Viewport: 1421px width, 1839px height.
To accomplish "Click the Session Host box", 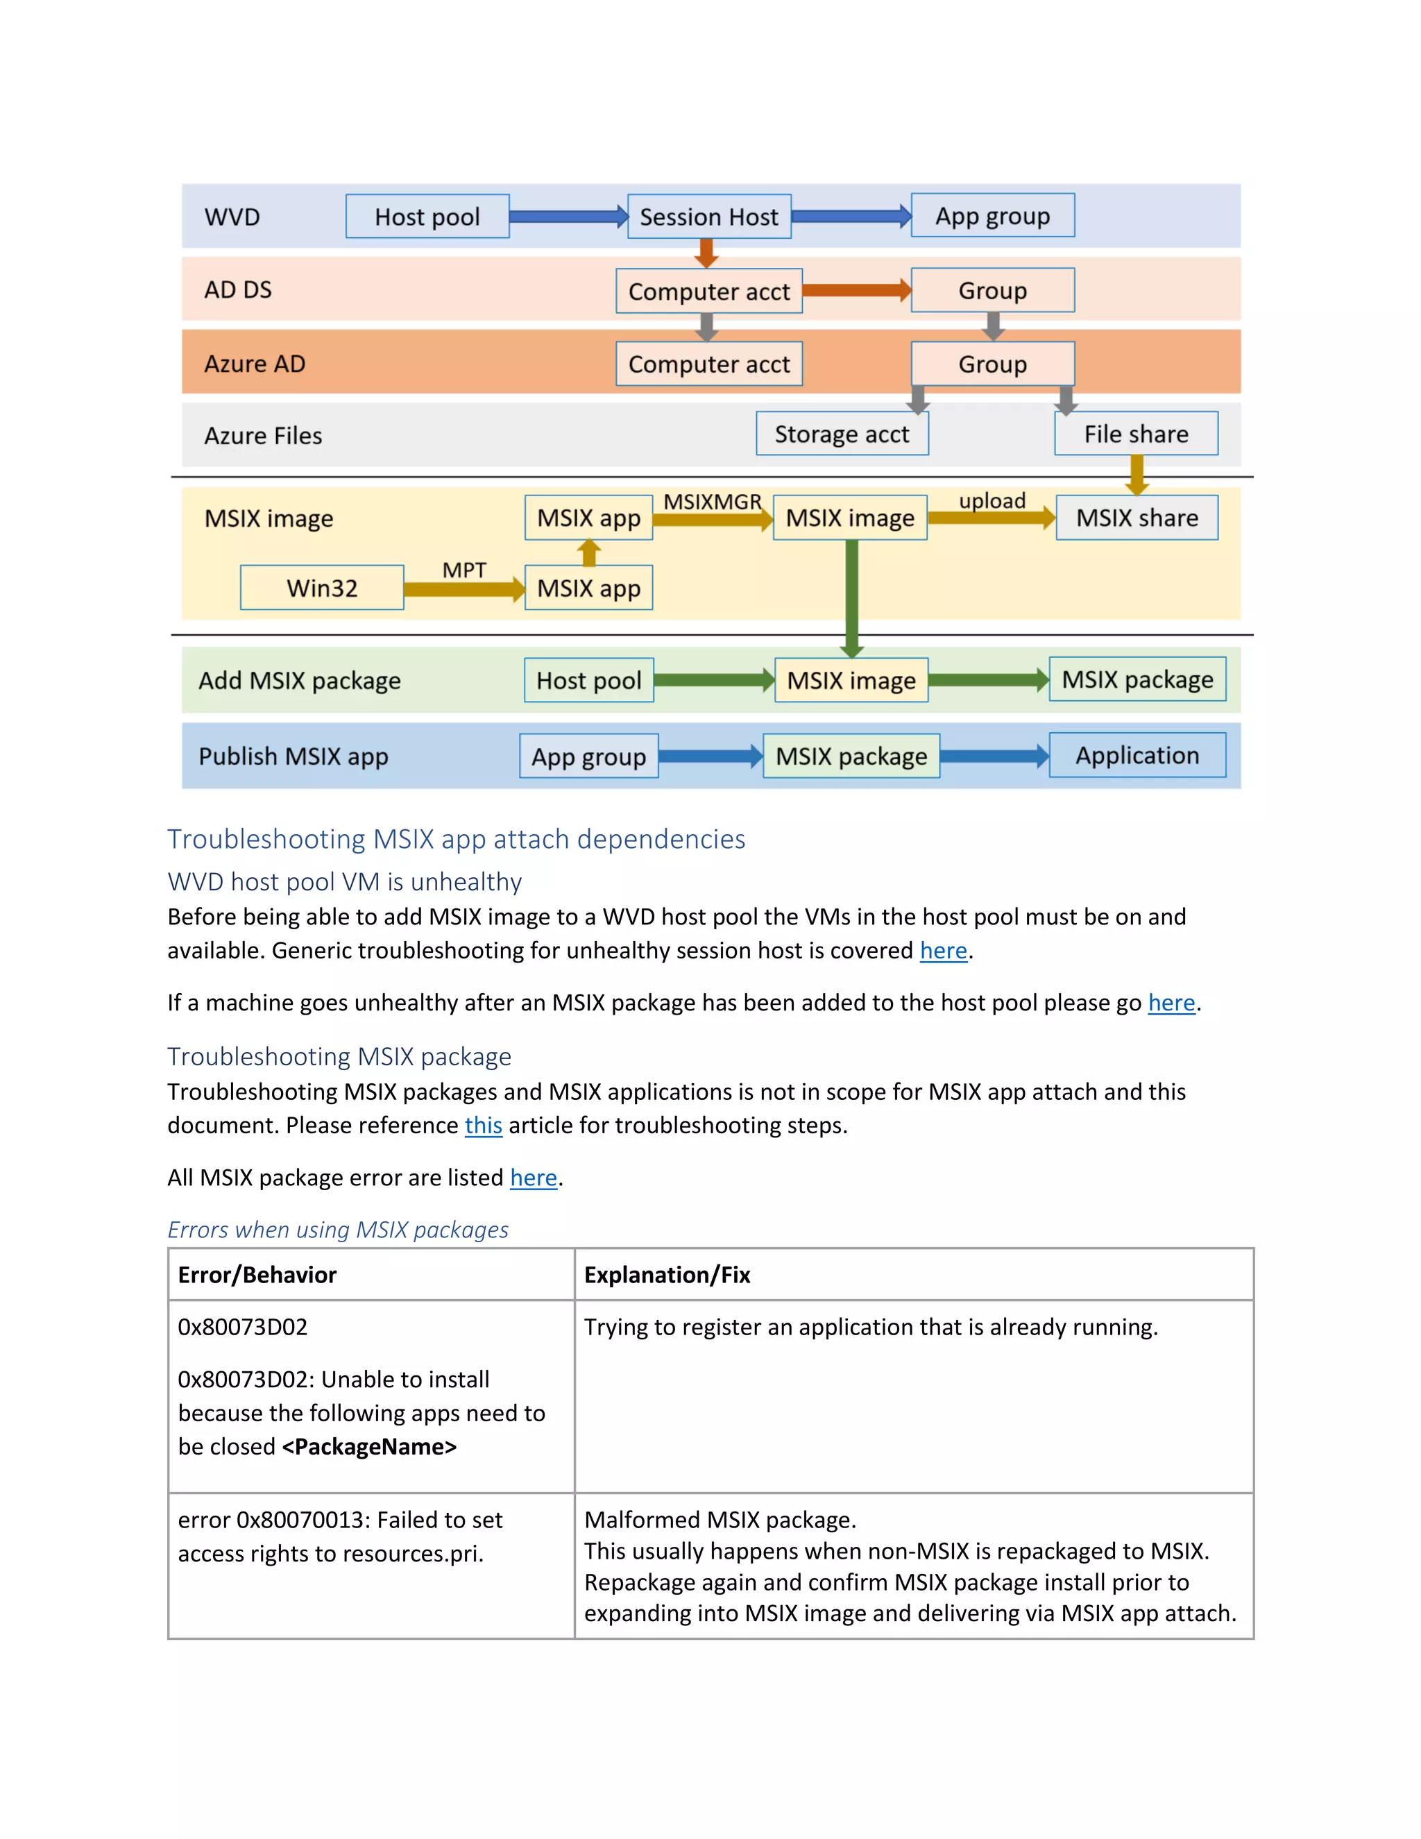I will click(x=709, y=217).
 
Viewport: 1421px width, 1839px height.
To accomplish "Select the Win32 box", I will click(x=321, y=588).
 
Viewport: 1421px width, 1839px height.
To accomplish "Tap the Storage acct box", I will click(x=842, y=434).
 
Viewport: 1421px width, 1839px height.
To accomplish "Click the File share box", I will click(x=1136, y=434).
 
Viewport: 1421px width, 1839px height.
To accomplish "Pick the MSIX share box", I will click(x=1137, y=517).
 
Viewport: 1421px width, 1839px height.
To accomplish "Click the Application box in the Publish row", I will click(x=1137, y=755).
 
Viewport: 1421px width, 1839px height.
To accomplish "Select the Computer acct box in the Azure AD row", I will click(x=709, y=364).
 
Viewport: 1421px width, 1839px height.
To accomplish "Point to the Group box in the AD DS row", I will click(x=992, y=291).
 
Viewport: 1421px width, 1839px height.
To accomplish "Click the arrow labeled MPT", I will click(x=464, y=588).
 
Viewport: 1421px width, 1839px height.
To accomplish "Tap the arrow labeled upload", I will click(x=991, y=517).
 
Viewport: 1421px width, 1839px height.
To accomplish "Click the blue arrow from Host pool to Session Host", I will click(x=568, y=217).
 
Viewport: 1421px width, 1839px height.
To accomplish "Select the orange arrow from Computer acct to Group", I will click(x=856, y=291).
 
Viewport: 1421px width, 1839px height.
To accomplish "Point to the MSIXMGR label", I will click(x=712, y=502).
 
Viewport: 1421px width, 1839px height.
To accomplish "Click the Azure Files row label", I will click(x=263, y=435).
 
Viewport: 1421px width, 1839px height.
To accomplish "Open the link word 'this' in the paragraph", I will click(x=483, y=1125).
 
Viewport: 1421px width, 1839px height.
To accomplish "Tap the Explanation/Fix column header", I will click(x=667, y=1275).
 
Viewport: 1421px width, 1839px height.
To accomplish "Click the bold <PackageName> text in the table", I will click(x=370, y=1447).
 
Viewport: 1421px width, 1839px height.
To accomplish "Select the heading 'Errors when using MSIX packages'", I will click(x=338, y=1230).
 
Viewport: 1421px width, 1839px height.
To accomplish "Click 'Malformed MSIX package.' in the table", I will click(x=720, y=1520).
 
